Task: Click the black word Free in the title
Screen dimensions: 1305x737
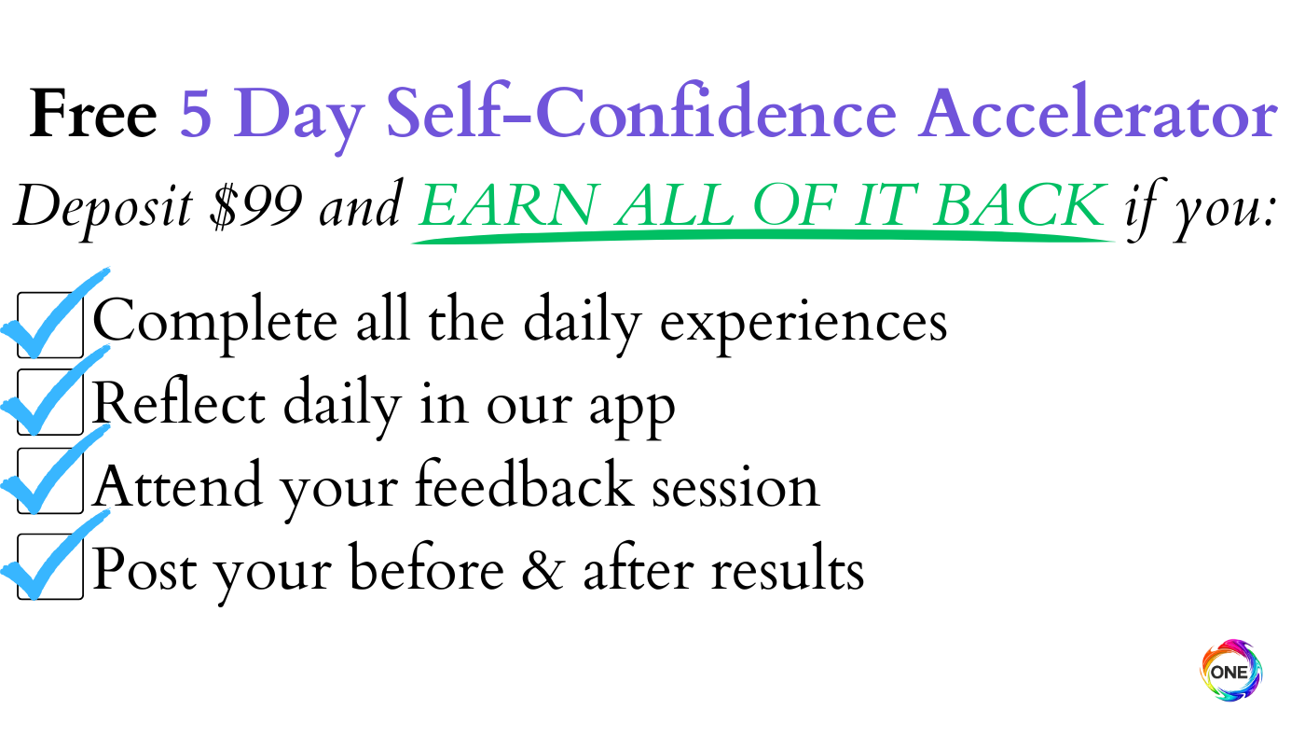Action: (x=93, y=113)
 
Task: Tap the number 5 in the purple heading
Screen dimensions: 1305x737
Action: (x=196, y=113)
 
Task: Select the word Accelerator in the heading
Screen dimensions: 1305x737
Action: (x=1098, y=113)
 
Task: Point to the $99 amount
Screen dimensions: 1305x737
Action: (x=256, y=206)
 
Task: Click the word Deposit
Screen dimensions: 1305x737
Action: (x=103, y=210)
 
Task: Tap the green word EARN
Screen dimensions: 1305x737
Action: (x=508, y=204)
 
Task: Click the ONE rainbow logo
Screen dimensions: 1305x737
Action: (x=1231, y=671)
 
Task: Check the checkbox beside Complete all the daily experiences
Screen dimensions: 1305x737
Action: (x=50, y=325)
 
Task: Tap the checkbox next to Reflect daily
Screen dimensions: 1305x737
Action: (x=50, y=402)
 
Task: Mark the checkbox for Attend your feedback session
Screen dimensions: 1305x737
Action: (x=50, y=481)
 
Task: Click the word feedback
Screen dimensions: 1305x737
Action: (x=524, y=484)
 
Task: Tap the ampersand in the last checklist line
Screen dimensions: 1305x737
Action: (x=543, y=568)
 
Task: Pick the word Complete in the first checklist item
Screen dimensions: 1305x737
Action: (x=215, y=325)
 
